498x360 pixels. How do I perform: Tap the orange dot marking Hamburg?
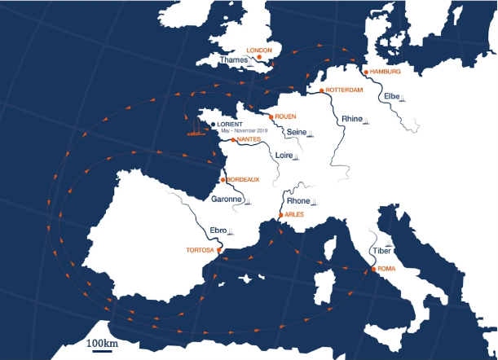pyautogui.click(x=365, y=72)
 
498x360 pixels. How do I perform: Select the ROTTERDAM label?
pyautogui.click(x=343, y=90)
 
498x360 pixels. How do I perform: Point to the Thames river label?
pyautogui.click(x=234, y=59)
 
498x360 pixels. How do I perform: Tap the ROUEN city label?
pyautogui.click(x=285, y=116)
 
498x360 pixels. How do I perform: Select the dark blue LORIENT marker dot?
pyautogui.click(x=213, y=125)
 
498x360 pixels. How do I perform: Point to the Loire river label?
pyautogui.click(x=285, y=155)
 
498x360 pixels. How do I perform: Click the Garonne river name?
pyautogui.click(x=226, y=199)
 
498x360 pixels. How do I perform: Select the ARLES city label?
pyautogui.click(x=295, y=214)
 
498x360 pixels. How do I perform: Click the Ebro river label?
pyautogui.click(x=216, y=230)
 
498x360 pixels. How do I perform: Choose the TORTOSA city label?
pyautogui.click(x=200, y=250)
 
